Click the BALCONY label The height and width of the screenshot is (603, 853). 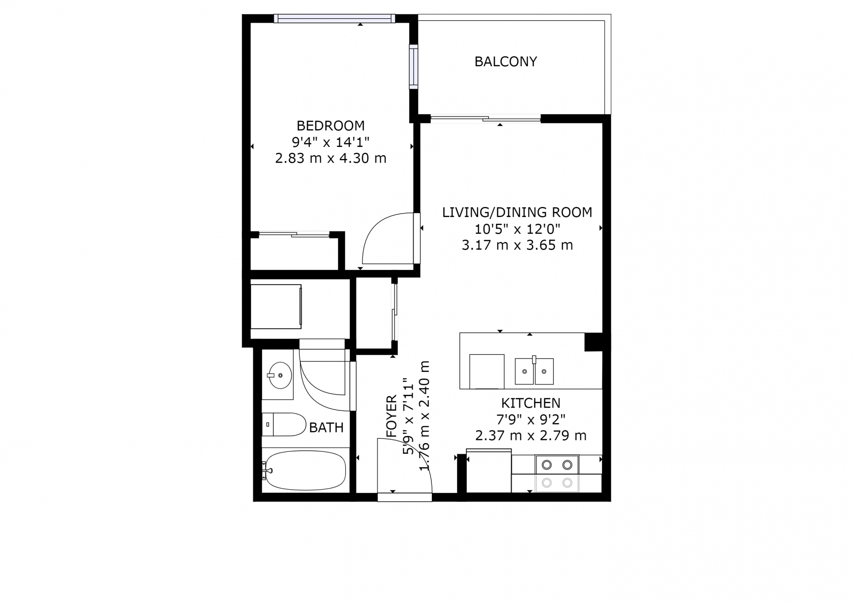click(506, 61)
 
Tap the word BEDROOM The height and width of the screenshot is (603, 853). click(331, 126)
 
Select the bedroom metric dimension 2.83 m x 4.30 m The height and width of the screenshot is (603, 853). click(331, 158)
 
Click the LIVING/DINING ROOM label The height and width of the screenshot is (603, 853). click(517, 212)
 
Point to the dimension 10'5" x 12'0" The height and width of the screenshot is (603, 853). click(517, 229)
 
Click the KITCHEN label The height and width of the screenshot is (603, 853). click(531, 403)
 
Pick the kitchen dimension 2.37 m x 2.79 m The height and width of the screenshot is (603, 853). click(531, 436)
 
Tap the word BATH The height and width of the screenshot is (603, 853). click(327, 428)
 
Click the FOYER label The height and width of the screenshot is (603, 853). click(391, 416)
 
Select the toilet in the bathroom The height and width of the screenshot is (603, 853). click(283, 424)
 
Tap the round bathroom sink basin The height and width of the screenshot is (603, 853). click(280, 375)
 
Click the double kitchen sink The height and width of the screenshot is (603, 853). click(534, 371)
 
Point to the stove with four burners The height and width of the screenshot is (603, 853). click(557, 473)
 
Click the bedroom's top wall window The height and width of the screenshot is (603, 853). click(334, 18)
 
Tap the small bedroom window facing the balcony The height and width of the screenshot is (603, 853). click(414, 67)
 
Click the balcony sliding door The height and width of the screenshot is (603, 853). click(486, 118)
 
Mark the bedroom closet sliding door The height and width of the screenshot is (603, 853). click(294, 234)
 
